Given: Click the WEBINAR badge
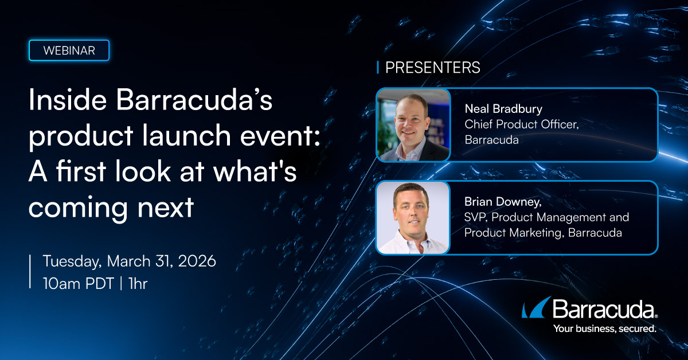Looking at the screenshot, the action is [69, 50].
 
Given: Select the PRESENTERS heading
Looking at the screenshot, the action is [432, 68].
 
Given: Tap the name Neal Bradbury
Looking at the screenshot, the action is [503, 109].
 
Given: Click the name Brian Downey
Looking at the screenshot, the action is [503, 202].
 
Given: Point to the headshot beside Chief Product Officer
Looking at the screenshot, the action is [413, 125].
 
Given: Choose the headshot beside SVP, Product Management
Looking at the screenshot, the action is [413, 218].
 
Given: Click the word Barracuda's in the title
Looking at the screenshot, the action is [194, 100].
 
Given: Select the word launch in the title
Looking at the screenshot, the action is [186, 135].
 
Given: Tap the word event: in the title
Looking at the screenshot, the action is [280, 136].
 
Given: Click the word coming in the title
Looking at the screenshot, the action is [78, 208].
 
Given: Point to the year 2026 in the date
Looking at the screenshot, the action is [197, 261].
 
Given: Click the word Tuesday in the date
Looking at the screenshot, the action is [72, 262].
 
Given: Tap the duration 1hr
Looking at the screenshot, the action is [138, 284].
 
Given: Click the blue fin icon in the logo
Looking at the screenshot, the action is [536, 308].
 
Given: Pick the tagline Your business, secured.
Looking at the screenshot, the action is [605, 328].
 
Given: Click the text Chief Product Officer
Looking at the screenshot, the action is [522, 124].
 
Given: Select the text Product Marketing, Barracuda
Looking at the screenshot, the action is [543, 233].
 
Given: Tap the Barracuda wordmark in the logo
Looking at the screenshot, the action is [604, 309].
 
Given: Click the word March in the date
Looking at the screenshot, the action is [128, 261].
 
